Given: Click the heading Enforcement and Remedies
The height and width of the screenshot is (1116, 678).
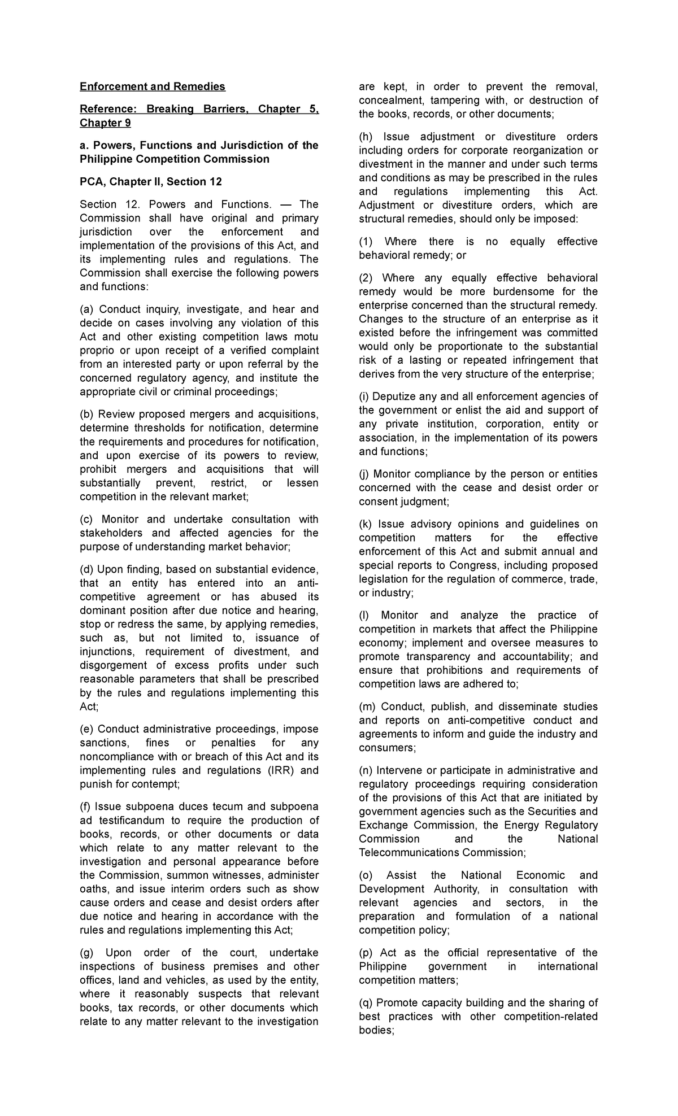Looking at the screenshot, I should click(152, 86).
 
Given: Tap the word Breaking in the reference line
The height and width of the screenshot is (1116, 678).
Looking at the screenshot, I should click(170, 109).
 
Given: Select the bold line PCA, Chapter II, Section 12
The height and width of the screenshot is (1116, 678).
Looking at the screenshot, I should click(151, 182).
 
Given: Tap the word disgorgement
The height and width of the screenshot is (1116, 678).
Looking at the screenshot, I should click(113, 665).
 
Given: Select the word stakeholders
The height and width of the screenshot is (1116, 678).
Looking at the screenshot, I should click(112, 533).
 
